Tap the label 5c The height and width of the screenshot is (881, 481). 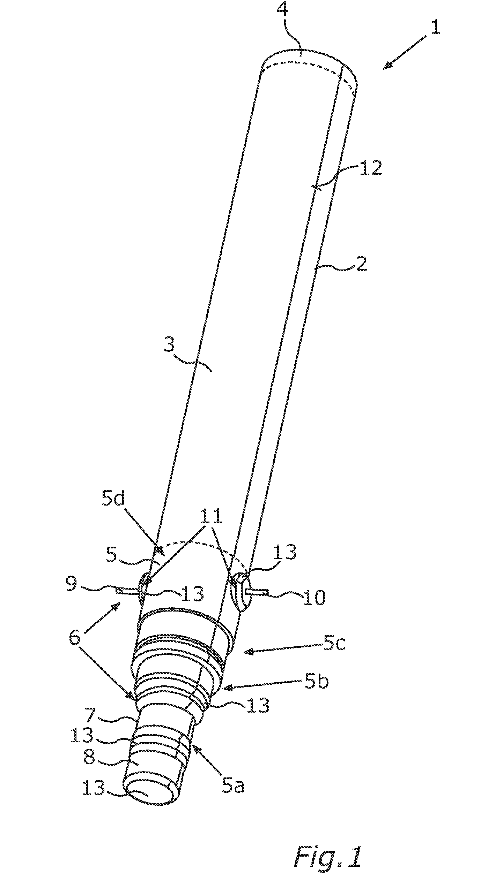334,644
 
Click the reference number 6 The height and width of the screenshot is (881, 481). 75,637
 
